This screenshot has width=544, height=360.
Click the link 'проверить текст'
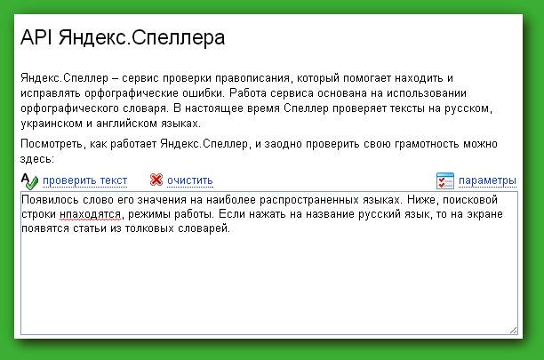[x=85, y=180]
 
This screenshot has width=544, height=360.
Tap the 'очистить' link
[x=189, y=180]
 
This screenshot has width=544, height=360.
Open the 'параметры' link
[x=487, y=180]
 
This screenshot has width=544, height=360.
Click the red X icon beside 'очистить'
[x=156, y=180]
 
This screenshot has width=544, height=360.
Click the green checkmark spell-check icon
[x=29, y=181]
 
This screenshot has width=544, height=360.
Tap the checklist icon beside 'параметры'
[x=445, y=180]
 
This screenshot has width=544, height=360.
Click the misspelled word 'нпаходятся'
[x=90, y=214]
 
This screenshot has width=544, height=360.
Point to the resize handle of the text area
[x=514, y=331]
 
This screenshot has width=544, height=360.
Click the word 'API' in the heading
[x=36, y=37]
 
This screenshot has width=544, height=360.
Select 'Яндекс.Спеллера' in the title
[x=141, y=38]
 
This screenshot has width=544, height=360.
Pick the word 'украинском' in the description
[x=52, y=124]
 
